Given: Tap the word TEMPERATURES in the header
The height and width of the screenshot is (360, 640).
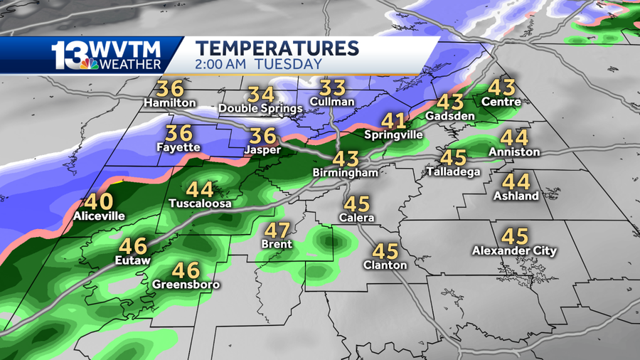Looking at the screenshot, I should pos(277,48).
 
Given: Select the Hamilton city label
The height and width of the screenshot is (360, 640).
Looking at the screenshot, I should pos(169,103).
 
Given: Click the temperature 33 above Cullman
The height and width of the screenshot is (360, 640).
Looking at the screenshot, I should pos(332,88).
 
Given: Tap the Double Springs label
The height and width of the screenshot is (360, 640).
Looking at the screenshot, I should pos(260,109).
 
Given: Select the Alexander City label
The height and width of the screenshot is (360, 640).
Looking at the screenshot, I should pos(514,250).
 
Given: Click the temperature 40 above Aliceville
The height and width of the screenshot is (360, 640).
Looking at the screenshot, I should pos(98,202).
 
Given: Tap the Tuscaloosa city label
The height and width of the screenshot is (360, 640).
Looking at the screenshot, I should pos(200,203).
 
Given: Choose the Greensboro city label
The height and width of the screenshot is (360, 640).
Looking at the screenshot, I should pos(186,285).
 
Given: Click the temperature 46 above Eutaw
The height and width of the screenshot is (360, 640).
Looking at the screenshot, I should pos(133,247).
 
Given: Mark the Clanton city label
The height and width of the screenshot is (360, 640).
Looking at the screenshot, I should pos(385,265).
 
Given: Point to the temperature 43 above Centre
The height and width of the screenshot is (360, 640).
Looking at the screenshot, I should pos(501,88).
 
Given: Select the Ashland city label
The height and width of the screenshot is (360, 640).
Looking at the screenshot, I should pos(516,196).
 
